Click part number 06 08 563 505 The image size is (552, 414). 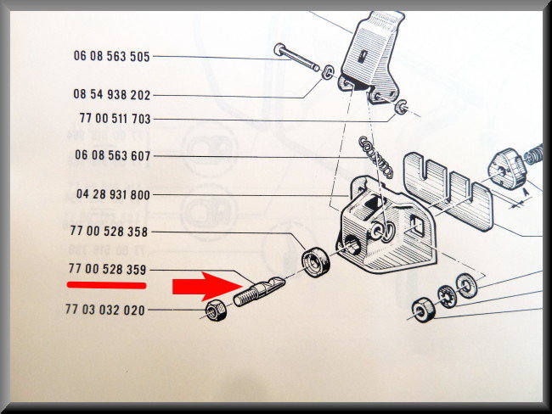tap(111, 56)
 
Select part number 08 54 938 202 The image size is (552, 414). tap(111, 95)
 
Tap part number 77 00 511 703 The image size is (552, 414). tap(115, 118)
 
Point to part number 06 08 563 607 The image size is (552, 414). tap(112, 155)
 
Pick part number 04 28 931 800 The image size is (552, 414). tap(113, 194)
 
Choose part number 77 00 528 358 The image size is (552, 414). tap(109, 231)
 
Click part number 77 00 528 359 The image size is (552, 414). tap(107, 269)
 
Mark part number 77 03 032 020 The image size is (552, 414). tap(105, 310)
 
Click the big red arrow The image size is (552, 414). tap(207, 286)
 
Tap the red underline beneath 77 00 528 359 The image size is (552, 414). tap(106, 285)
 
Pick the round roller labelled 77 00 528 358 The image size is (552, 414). tap(316, 262)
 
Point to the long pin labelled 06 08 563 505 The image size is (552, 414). tap(296, 57)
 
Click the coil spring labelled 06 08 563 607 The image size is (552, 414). tap(375, 157)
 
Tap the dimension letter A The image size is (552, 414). tap(525, 192)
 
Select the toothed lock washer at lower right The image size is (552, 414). tap(447, 297)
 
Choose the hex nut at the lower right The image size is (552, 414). tap(424, 310)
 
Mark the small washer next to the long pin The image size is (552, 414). tap(328, 72)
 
